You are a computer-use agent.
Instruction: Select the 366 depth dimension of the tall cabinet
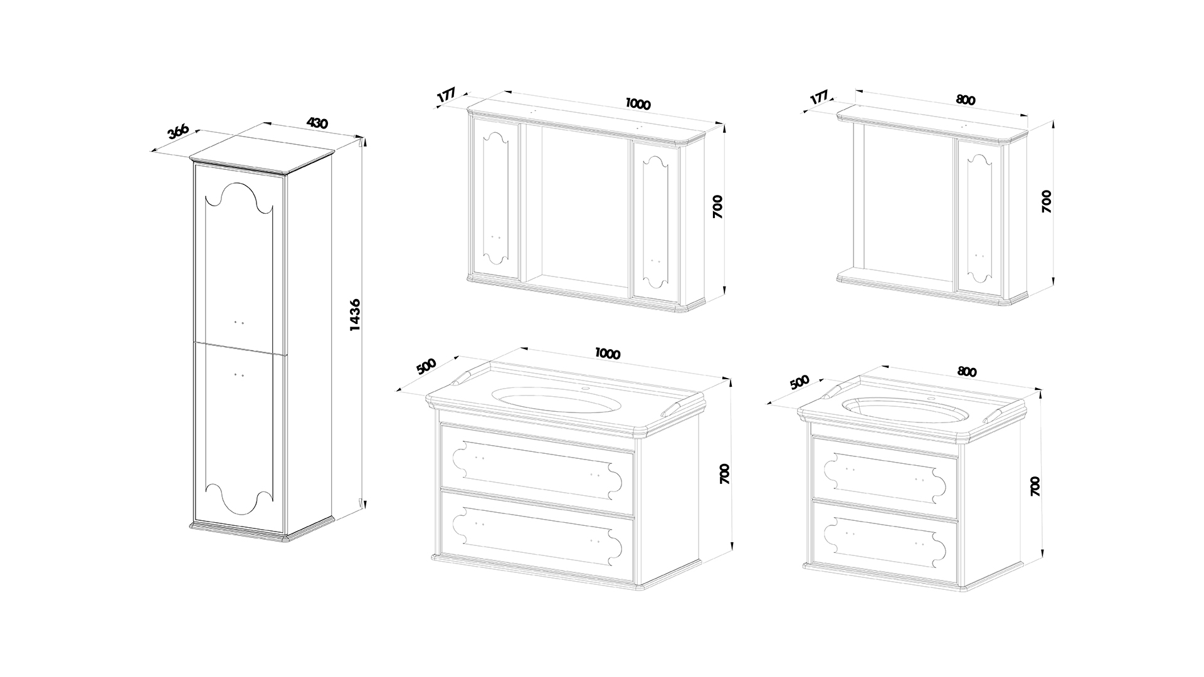(178, 132)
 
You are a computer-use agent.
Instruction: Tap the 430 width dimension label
(317, 123)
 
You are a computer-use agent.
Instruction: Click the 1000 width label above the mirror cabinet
(638, 104)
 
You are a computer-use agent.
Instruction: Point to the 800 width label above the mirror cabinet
(966, 100)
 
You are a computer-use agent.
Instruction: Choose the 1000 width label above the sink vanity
(607, 354)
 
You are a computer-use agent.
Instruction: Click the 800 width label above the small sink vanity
(967, 371)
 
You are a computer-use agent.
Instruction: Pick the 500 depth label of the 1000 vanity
(426, 367)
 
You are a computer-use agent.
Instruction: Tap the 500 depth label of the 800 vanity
(800, 382)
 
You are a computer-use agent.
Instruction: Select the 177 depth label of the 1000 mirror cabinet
(446, 97)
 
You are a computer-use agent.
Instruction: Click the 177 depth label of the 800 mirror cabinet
(819, 98)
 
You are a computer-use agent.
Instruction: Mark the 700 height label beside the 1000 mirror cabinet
(718, 207)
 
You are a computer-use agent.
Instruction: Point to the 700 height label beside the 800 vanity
(1035, 486)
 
